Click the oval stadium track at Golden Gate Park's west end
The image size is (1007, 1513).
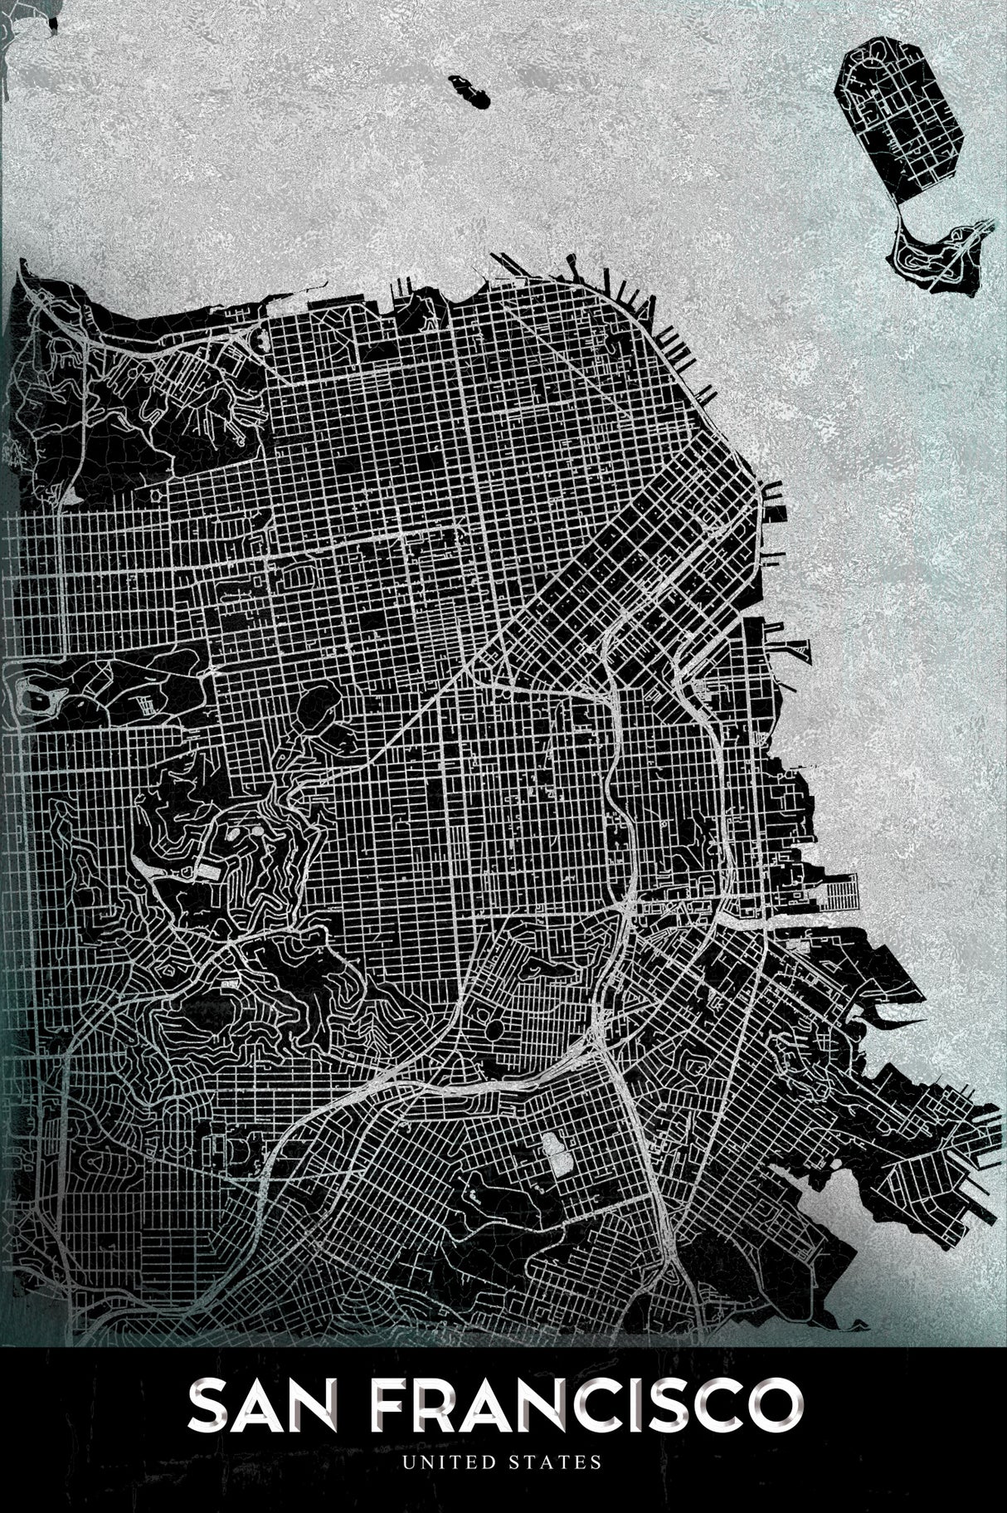(35, 691)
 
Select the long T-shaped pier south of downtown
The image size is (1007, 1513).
(795, 648)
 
